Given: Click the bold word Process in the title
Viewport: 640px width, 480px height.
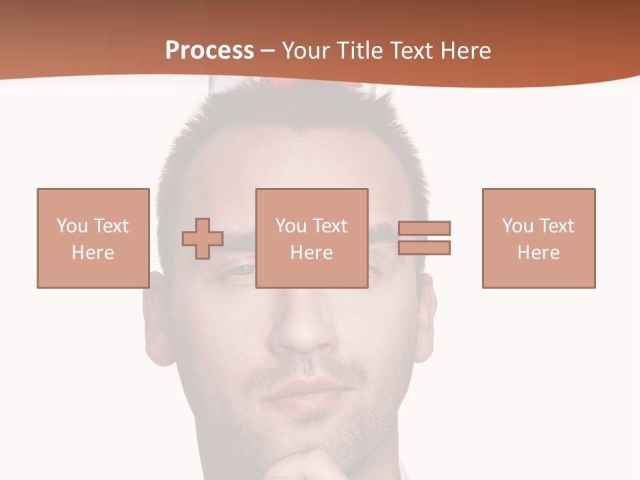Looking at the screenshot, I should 209,51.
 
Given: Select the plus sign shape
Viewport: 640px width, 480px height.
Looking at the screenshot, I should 203,239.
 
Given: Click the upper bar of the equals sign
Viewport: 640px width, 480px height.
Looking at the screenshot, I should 424,228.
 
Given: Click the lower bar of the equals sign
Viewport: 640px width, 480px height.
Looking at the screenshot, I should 424,247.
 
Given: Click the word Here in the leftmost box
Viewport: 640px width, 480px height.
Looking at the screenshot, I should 93,253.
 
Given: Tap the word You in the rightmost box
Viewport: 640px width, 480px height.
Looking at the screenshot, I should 517,226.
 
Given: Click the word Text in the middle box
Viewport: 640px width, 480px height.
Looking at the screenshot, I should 330,226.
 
